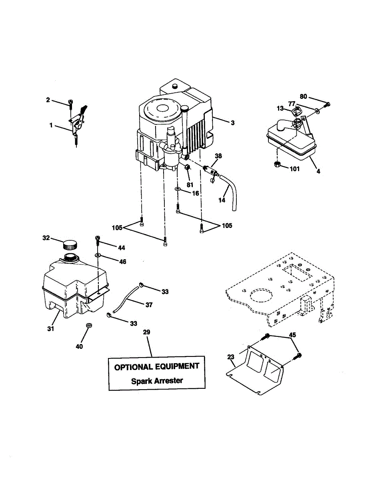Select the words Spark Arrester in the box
tap(157, 380)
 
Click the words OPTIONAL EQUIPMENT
tap(157, 366)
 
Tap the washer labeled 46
tap(98, 254)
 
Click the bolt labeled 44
tap(97, 240)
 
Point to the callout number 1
tap(51, 125)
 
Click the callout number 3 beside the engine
tap(232, 123)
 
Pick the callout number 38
tap(218, 156)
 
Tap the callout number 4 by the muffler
tap(318, 171)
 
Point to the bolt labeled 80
tap(327, 105)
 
